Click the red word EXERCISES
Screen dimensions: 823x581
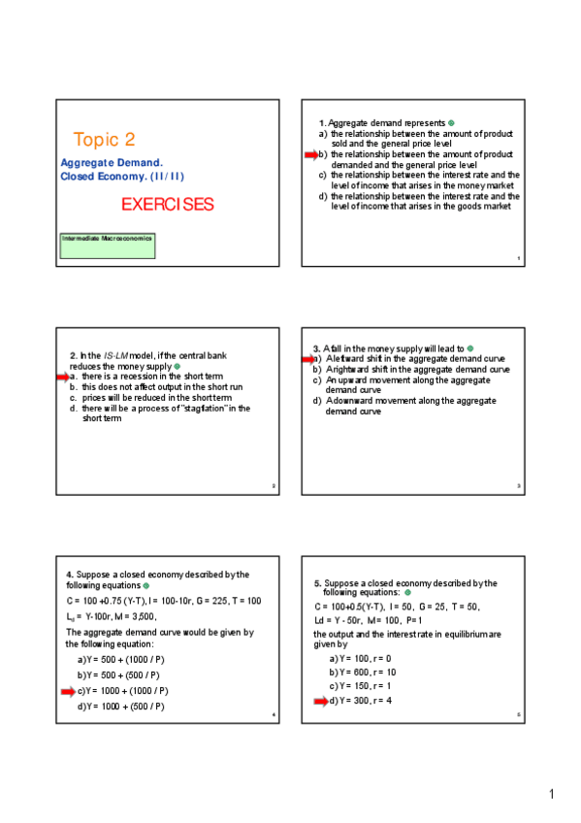click(167, 205)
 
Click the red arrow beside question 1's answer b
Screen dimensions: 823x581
click(311, 154)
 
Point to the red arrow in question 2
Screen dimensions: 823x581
click(62, 377)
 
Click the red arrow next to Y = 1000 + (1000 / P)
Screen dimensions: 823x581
click(68, 691)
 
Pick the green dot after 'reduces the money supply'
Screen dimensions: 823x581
click(177, 367)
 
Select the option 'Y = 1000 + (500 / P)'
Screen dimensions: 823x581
click(123, 707)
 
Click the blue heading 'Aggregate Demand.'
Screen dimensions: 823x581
click(112, 163)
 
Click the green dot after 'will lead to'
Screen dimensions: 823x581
click(470, 348)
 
